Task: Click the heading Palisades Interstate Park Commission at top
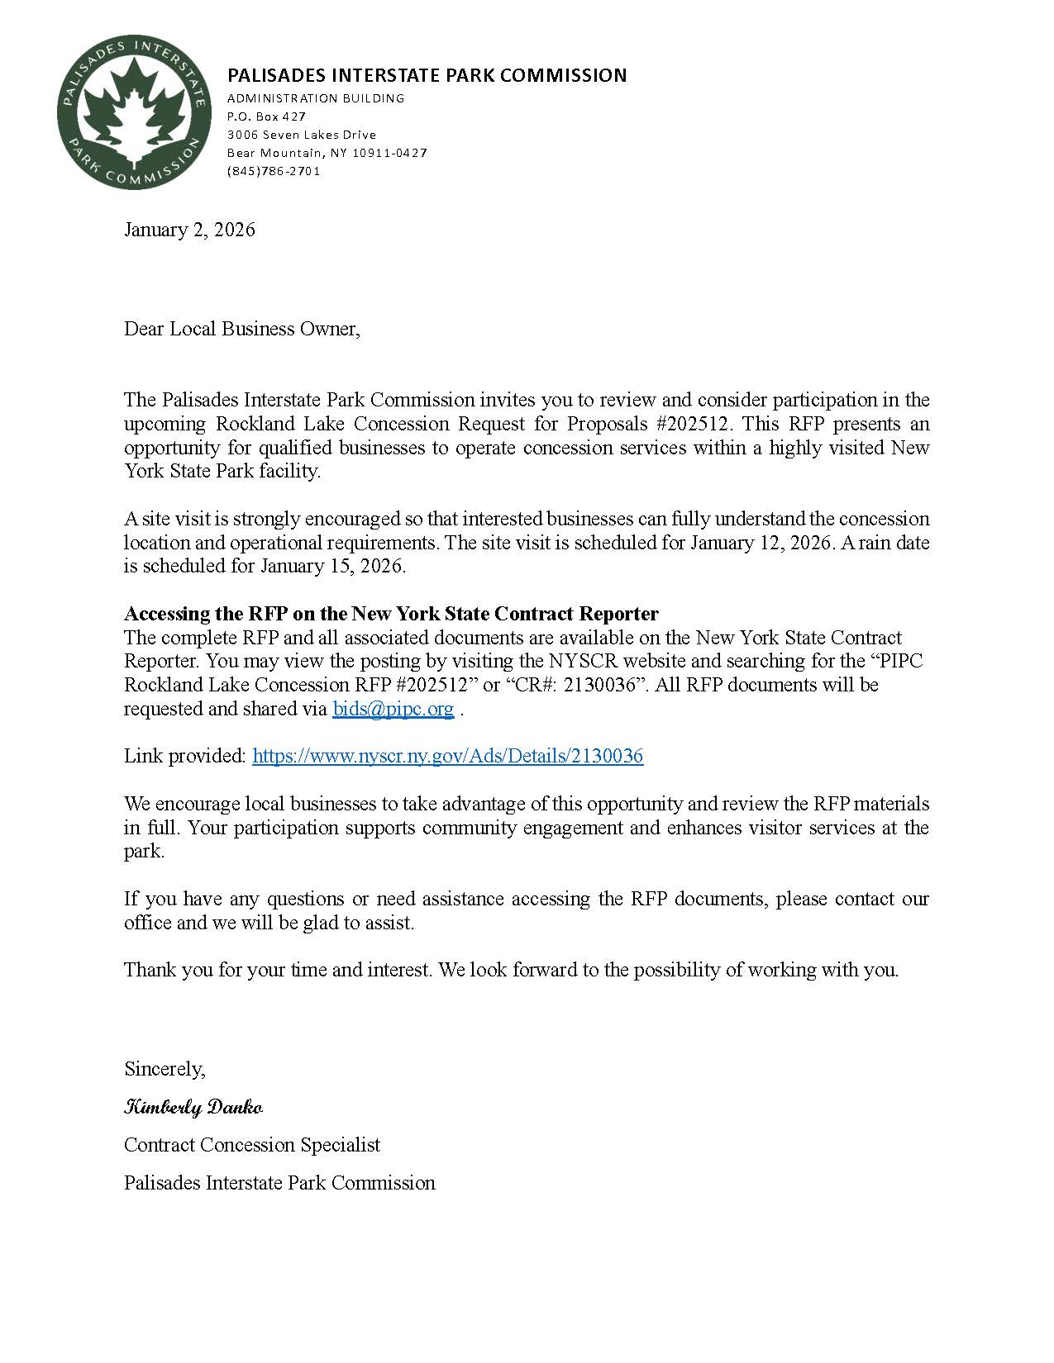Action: pos(427,75)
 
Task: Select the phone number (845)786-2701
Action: pos(273,171)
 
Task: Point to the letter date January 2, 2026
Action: pos(189,230)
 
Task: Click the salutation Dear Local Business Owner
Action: pos(242,329)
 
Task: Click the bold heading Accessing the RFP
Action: pos(391,614)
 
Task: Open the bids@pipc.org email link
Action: pos(393,709)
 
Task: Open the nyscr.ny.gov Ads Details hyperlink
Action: pos(447,756)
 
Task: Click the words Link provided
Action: pos(185,756)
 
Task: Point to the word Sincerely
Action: pos(165,1069)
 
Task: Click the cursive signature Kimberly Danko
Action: pos(193,1107)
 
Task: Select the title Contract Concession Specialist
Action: pos(252,1145)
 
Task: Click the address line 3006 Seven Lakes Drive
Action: pos(302,135)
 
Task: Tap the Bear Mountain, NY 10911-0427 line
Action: pos(327,153)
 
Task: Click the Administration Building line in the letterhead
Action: pos(316,98)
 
